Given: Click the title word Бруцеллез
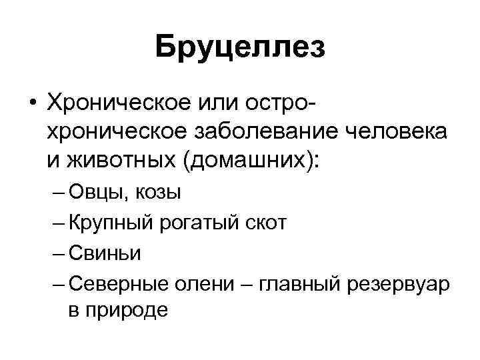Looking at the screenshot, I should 240,49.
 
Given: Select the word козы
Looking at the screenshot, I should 157,193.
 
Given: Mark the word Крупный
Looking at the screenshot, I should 112,223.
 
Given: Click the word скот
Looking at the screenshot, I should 264,223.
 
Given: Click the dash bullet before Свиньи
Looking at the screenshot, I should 57,253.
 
